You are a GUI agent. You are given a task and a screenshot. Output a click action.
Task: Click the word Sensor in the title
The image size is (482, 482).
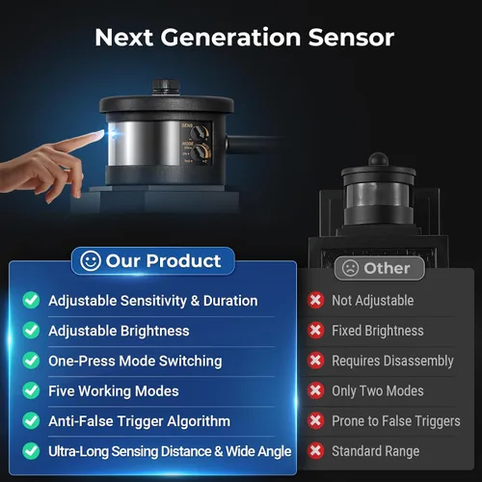click(x=351, y=38)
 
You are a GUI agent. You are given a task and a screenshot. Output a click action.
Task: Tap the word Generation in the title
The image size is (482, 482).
click(x=230, y=38)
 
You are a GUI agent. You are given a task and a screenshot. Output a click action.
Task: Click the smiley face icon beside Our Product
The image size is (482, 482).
click(x=91, y=260)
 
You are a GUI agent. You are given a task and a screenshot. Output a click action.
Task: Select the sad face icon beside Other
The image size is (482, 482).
click(x=350, y=268)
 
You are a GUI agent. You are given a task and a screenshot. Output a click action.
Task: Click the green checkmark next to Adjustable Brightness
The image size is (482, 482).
click(x=31, y=331)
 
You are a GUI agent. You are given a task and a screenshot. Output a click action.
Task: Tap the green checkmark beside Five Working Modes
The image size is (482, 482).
click(x=31, y=390)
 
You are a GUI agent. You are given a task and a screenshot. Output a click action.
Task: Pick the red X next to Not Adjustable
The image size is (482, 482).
click(x=315, y=300)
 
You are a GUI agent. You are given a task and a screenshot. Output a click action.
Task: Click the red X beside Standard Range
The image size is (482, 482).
click(x=315, y=450)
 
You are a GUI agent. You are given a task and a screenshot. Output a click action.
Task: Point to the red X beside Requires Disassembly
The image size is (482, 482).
click(x=315, y=361)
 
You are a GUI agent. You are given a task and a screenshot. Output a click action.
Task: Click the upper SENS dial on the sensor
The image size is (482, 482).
click(x=200, y=132)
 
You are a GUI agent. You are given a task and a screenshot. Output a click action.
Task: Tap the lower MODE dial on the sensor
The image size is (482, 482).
click(x=201, y=151)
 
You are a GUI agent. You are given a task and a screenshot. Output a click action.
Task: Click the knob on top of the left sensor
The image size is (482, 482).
click(x=166, y=88)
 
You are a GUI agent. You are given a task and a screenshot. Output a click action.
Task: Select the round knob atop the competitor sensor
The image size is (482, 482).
click(x=378, y=159)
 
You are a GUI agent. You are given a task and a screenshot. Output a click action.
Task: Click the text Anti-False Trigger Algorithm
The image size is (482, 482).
click(x=140, y=421)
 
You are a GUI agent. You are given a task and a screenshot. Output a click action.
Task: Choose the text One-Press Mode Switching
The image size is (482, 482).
click(x=135, y=361)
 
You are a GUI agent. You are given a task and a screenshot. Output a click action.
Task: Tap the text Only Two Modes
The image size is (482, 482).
click(x=378, y=390)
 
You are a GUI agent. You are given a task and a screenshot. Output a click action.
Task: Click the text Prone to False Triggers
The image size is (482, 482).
click(x=396, y=421)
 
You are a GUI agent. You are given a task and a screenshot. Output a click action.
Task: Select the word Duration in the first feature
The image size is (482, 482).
click(x=230, y=301)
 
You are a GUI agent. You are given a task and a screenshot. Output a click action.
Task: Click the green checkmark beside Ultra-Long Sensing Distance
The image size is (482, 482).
click(x=31, y=450)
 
